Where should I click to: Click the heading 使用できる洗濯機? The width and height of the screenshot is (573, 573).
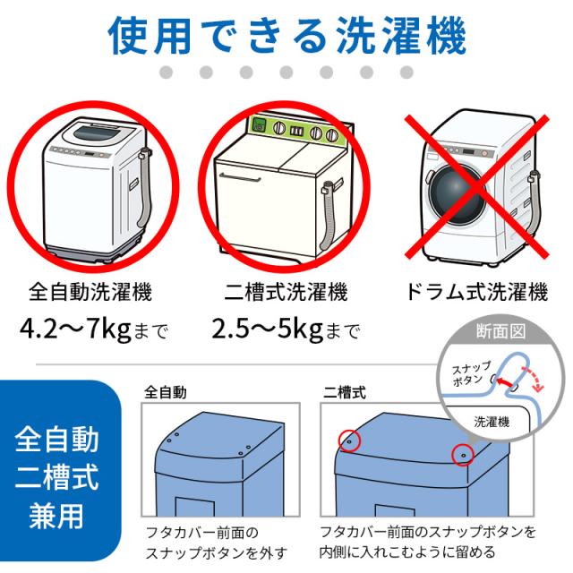pos(286,36)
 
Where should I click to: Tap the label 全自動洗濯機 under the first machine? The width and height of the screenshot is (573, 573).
pos(90,292)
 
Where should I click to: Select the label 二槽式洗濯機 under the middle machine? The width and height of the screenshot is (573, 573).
pos(286,292)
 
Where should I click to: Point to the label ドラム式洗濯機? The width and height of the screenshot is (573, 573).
pos(476,292)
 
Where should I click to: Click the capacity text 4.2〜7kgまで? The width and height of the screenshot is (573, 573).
pos(93,332)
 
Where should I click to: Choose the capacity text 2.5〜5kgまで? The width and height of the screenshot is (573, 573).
pos(286,332)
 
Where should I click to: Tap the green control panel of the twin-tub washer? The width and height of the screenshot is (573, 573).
pos(295,127)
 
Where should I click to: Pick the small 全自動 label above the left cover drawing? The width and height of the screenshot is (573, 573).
pos(166,392)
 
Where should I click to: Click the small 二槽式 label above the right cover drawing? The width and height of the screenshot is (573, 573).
pos(345,392)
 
